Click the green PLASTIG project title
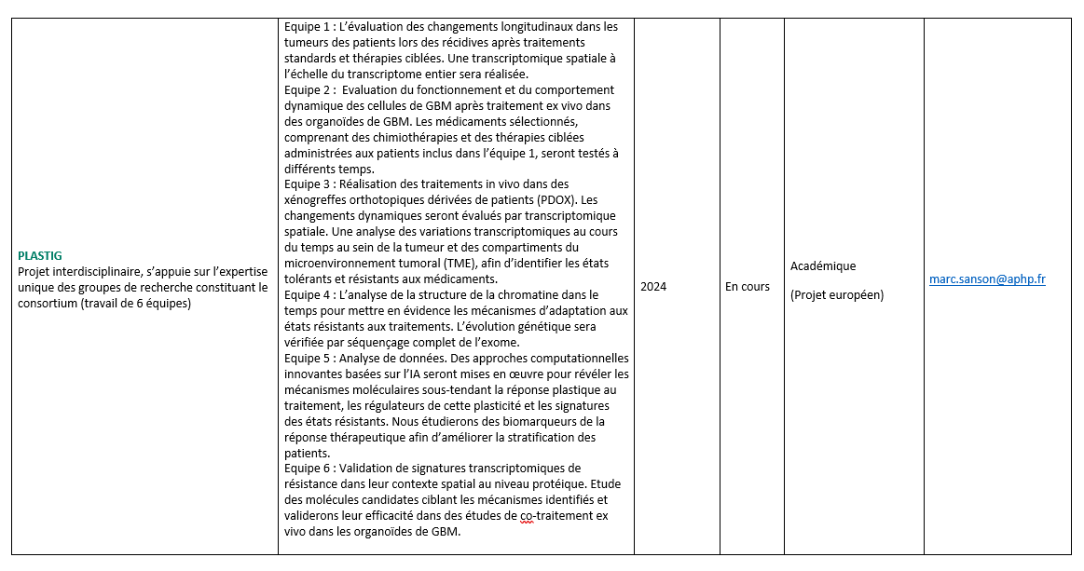click(x=39, y=255)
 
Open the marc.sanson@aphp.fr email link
click(x=987, y=279)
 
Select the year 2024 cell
click(x=653, y=287)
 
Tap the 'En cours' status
click(x=748, y=287)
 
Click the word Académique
click(x=823, y=266)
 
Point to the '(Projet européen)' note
click(x=837, y=295)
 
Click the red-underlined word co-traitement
click(x=552, y=515)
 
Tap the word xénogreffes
click(x=318, y=200)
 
